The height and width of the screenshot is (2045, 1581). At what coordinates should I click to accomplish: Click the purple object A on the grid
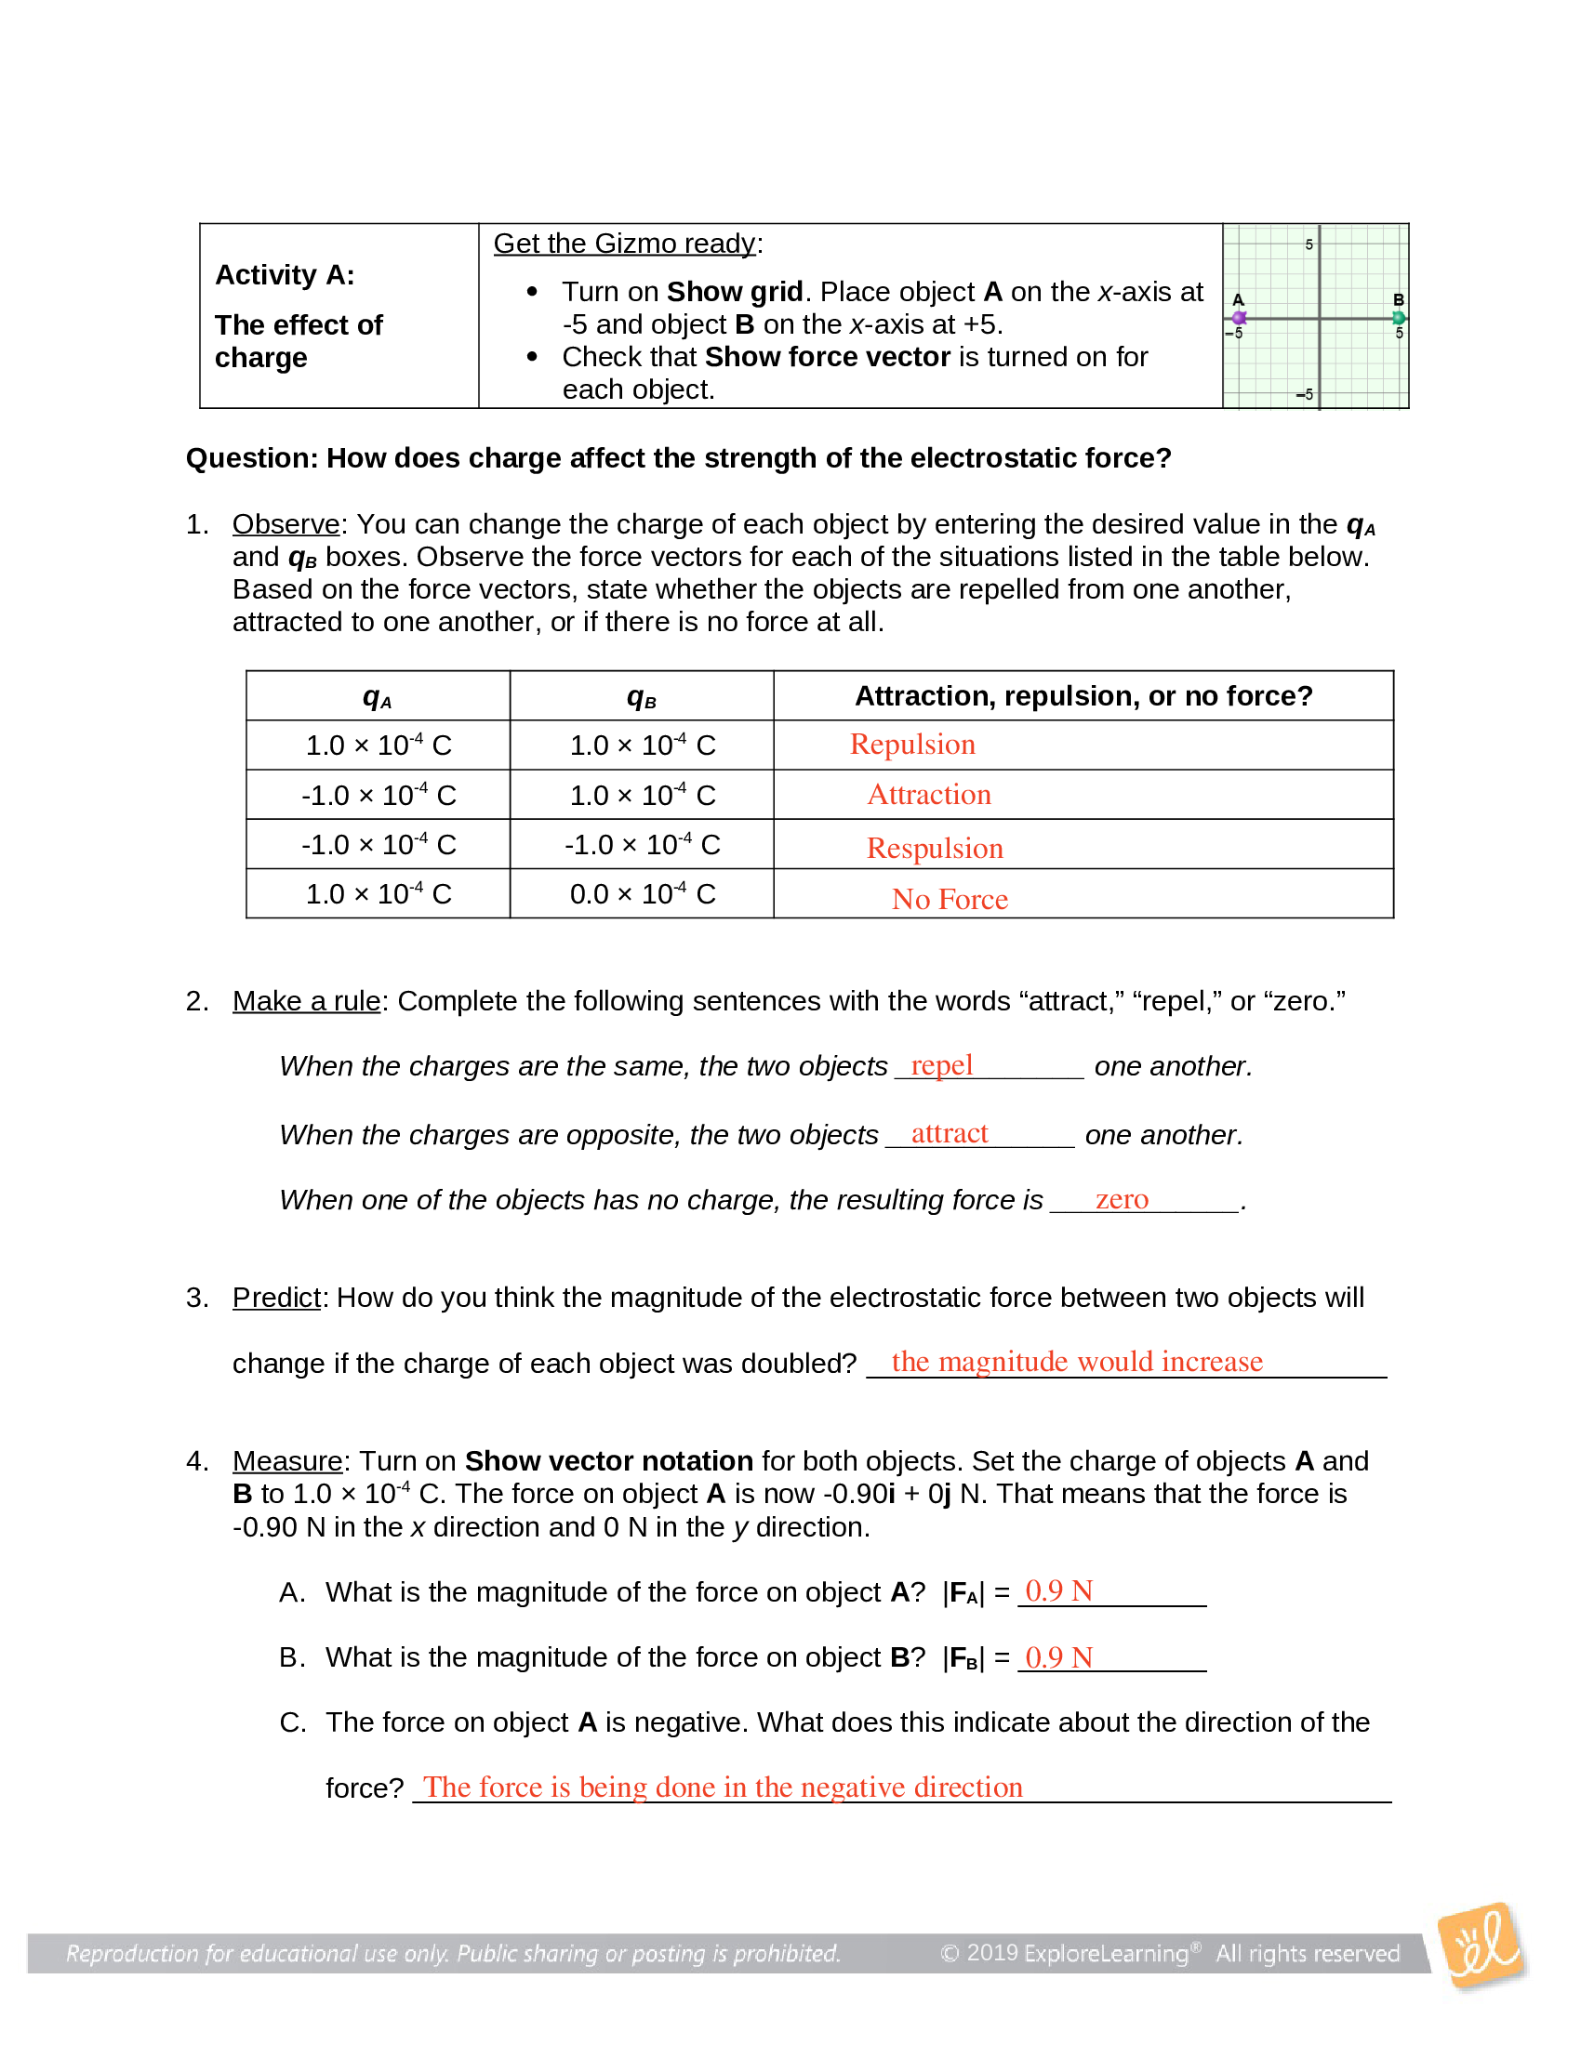(1239, 318)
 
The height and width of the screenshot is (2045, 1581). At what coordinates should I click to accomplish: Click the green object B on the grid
(1399, 318)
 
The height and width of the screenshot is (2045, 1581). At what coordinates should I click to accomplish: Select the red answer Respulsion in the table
(934, 849)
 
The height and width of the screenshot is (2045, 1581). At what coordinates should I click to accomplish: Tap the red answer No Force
(949, 899)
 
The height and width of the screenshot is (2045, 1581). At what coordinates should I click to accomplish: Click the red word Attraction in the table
(928, 795)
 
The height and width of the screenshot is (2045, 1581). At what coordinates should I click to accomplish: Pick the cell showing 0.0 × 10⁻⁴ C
(642, 894)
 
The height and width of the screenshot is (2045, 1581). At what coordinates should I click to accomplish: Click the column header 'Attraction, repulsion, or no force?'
(1083, 695)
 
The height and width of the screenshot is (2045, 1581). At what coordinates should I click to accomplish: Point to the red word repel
(941, 1065)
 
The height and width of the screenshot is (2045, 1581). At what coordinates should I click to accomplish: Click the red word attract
(949, 1134)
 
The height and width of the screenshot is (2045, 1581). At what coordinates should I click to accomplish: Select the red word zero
(1122, 1199)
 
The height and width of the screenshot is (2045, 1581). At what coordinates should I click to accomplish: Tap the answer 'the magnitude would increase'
(1076, 1362)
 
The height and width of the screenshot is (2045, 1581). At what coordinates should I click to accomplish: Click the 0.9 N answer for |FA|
(1058, 1590)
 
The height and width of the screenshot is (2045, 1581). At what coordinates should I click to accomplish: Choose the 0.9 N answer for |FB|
(1058, 1657)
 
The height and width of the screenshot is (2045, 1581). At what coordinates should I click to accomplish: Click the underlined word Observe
(286, 524)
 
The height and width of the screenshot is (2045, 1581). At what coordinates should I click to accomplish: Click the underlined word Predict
(276, 1298)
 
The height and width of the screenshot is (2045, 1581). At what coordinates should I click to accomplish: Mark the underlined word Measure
(287, 1460)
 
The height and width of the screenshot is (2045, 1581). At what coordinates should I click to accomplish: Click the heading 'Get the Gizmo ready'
(625, 244)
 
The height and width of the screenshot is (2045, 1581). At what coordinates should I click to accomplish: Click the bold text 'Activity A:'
(285, 275)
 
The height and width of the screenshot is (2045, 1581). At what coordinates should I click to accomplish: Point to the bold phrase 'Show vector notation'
(609, 1460)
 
